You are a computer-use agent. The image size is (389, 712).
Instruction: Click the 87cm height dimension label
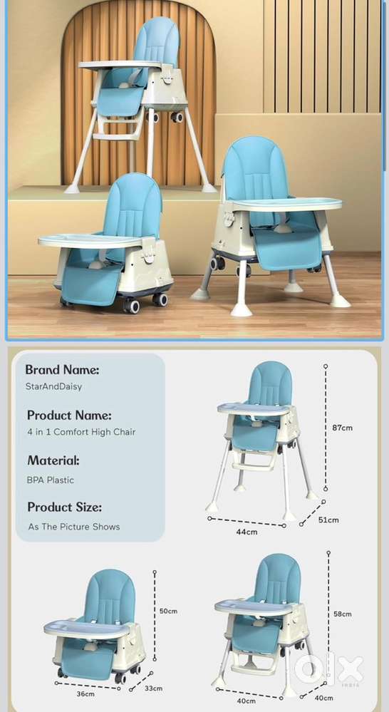[x=342, y=428]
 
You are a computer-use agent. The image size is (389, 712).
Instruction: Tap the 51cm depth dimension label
[x=328, y=520]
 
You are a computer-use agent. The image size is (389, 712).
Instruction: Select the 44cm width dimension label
[x=247, y=532]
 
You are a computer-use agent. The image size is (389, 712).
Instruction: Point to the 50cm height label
[x=168, y=612]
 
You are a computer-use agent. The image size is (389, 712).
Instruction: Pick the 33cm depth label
[x=153, y=688]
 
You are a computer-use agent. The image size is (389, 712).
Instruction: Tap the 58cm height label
[x=342, y=614]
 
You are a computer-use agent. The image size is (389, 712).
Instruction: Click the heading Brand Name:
[x=62, y=370]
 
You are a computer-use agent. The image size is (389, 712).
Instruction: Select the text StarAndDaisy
[x=54, y=387]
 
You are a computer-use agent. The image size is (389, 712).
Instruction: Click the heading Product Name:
[x=69, y=415]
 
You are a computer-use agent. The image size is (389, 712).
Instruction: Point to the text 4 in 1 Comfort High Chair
[x=81, y=432]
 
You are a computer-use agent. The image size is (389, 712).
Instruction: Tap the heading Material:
[x=53, y=460]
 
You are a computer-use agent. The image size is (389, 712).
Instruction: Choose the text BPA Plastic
[x=51, y=480]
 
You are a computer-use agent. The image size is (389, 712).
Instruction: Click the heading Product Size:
[x=64, y=507]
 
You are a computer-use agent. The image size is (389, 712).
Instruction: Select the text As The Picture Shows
[x=74, y=527]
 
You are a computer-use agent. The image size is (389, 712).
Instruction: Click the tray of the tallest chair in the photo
[x=120, y=65]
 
